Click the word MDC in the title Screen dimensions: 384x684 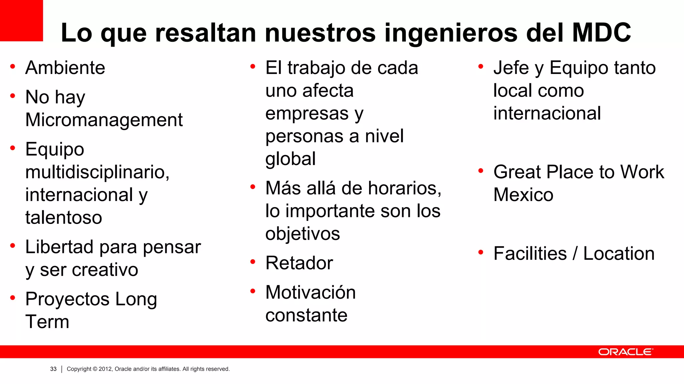pyautogui.click(x=601, y=33)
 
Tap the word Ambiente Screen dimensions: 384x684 pyautogui.click(x=65, y=68)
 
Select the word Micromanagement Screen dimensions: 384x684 pyautogui.click(x=104, y=120)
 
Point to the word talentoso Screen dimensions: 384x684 pyautogui.click(x=63, y=218)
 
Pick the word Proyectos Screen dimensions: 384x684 pyautogui.click(x=67, y=299)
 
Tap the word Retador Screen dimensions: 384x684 pyautogui.click(x=299, y=263)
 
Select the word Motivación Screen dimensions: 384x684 pyautogui.click(x=310, y=292)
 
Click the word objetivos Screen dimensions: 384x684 pyautogui.click(x=303, y=234)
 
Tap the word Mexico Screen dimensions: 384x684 pyautogui.click(x=523, y=195)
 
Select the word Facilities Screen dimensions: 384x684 pyautogui.click(x=530, y=254)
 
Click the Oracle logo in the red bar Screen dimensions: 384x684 pyautogui.click(x=625, y=352)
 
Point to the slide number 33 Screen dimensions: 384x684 pyautogui.click(x=53, y=369)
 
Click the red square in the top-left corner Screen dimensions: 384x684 pyautogui.click(x=21, y=20)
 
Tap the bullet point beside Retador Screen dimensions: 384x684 pyautogui.click(x=253, y=262)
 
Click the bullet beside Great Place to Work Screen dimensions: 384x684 pyautogui.click(x=481, y=171)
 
